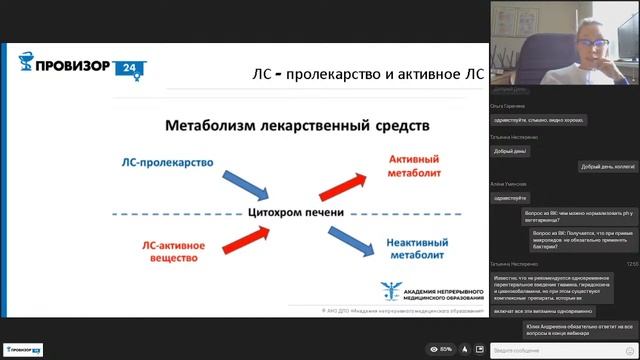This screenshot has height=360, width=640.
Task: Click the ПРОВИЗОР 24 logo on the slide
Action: point(76,68)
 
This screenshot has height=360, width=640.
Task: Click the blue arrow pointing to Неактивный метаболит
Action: point(340,239)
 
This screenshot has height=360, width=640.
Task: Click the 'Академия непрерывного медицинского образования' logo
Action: point(425,291)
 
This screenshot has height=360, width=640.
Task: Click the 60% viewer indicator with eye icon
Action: point(441,349)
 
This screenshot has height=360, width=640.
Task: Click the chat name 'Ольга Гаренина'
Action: point(508,104)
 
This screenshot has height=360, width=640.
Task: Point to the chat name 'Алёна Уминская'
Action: point(509,184)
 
